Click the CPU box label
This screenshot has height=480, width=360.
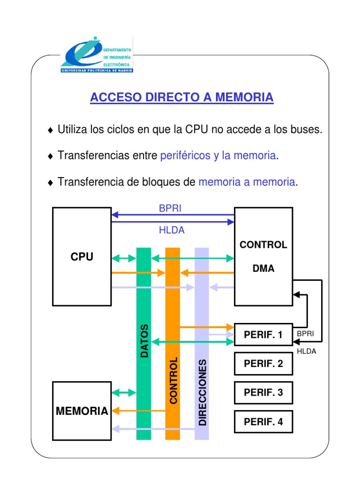(82, 257)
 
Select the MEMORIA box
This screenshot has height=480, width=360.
(82, 411)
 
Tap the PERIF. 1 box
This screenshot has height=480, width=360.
(263, 335)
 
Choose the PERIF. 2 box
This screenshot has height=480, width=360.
(263, 363)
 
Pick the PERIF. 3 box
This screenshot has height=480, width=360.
(263, 392)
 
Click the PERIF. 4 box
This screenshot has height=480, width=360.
(263, 421)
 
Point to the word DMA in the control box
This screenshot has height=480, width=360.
(263, 269)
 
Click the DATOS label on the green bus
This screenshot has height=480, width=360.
(144, 341)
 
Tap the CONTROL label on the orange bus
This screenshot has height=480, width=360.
(173, 380)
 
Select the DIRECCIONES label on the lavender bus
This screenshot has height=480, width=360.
(202, 393)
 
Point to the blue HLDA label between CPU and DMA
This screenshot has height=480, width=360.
(172, 230)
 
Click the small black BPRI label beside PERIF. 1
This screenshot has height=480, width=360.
(305, 334)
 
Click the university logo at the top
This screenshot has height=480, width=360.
(97, 54)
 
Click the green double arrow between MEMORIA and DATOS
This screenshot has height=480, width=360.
(124, 392)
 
